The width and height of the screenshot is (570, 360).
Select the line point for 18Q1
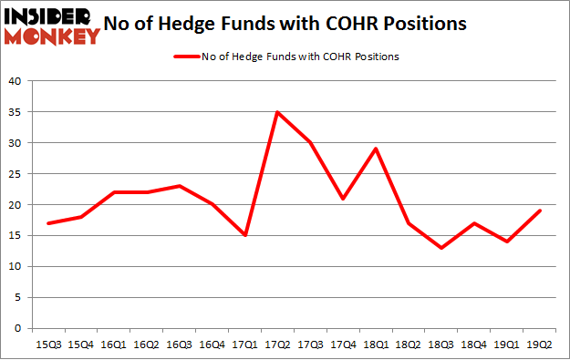pyautogui.click(x=375, y=149)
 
